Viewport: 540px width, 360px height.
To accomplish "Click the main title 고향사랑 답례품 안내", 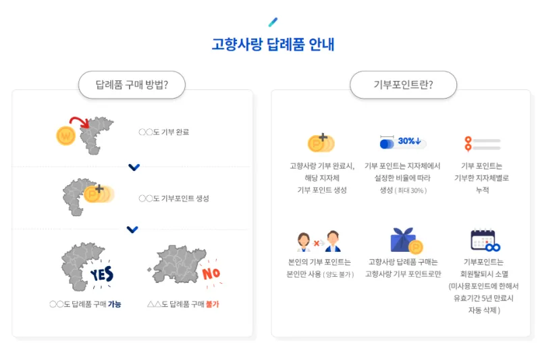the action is (x=273, y=45).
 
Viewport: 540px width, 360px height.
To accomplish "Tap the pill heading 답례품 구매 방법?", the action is (x=132, y=84).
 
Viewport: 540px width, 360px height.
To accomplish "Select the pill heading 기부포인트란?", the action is (x=403, y=84).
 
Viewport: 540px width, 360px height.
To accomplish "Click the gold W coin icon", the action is (x=65, y=136).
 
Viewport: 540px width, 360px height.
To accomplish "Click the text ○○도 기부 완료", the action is (x=164, y=132).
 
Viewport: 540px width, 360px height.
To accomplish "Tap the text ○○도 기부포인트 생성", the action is (x=174, y=199).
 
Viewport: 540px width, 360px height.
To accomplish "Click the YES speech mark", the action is (x=102, y=274).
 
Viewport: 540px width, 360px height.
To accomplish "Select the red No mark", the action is (x=211, y=274).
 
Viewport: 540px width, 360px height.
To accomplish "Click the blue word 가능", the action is (x=115, y=304).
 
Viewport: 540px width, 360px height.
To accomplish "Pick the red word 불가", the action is (x=212, y=304).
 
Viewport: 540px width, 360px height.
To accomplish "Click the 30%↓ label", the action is (x=410, y=141).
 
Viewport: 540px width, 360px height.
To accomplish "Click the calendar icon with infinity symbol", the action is (x=485, y=240).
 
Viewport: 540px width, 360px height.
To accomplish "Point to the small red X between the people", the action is (x=316, y=243).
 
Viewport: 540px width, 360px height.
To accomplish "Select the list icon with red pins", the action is (x=482, y=144).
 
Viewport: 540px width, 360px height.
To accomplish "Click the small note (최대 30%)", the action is (x=411, y=190).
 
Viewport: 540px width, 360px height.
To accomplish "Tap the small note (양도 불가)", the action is (x=339, y=275).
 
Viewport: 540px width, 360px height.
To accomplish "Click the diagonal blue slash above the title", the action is (x=273, y=22).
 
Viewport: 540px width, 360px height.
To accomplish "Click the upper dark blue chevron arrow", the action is (x=134, y=168).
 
